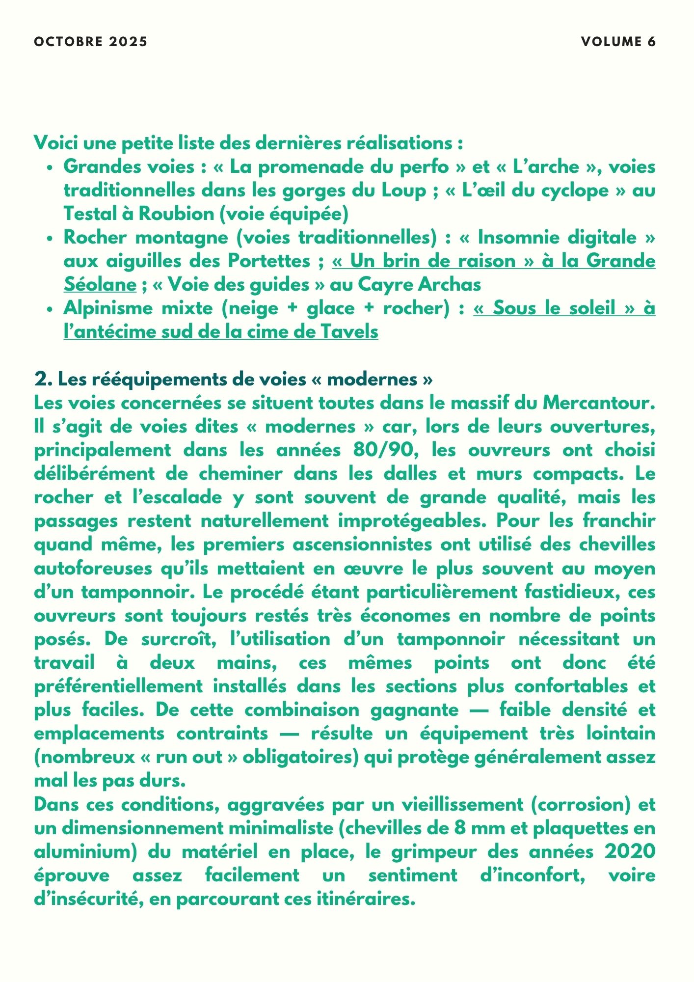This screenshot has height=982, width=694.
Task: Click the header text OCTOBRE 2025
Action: pyautogui.click(x=90, y=42)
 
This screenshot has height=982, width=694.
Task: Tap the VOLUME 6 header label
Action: pyautogui.click(x=618, y=42)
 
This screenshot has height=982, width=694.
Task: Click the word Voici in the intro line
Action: pyautogui.click(x=55, y=143)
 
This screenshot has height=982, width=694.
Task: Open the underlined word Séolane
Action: pyautogui.click(x=100, y=285)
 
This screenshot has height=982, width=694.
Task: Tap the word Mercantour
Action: pyautogui.click(x=599, y=403)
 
